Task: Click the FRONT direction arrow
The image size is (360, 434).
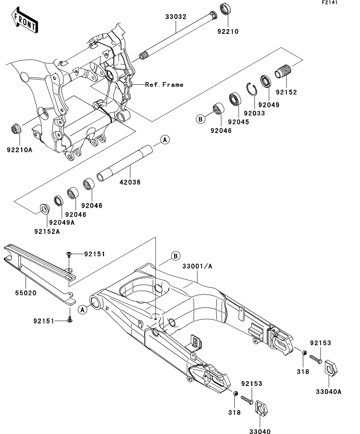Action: (25, 21)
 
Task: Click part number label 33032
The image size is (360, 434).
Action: (176, 17)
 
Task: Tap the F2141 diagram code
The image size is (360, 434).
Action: (330, 2)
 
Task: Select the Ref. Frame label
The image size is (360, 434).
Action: (164, 85)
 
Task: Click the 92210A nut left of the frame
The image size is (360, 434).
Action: (15, 129)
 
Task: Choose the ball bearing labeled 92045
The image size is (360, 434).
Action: (235, 100)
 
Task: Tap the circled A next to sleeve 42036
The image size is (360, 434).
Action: (165, 140)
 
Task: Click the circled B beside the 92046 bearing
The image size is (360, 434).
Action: (200, 119)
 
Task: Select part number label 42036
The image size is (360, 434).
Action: (130, 182)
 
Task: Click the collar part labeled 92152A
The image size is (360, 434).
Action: (45, 209)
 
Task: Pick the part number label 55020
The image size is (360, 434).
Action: (26, 293)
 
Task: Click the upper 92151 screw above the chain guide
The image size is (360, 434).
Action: (69, 254)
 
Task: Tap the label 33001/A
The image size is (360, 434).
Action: (197, 266)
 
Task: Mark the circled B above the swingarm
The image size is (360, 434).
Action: (175, 256)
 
